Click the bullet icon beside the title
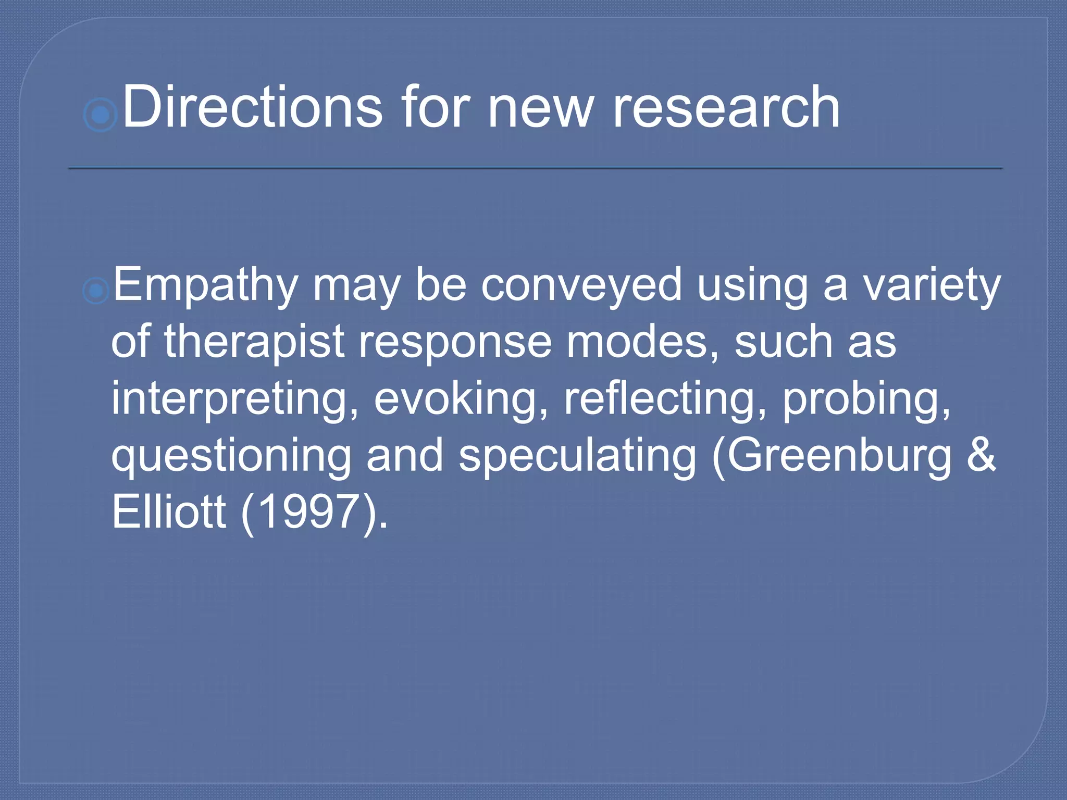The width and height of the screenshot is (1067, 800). [100, 114]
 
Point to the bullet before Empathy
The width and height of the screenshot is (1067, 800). [96, 290]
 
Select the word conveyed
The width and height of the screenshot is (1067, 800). [581, 285]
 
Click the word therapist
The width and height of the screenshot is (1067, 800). [255, 342]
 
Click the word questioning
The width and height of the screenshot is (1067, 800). [231, 456]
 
